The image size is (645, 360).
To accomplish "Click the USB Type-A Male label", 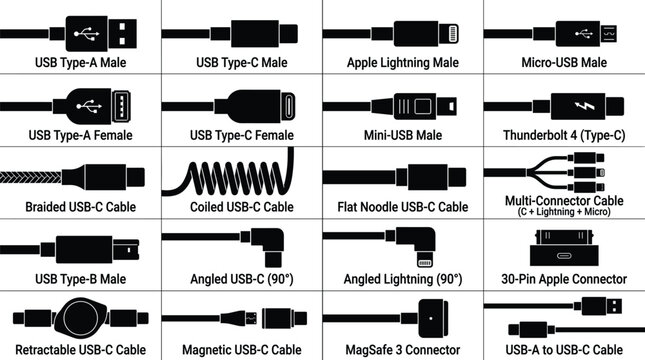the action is [80, 62].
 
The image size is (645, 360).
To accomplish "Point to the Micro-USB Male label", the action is [564, 62].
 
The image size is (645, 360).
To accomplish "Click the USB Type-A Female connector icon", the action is [95, 105].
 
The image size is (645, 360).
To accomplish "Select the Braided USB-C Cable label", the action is [80, 207].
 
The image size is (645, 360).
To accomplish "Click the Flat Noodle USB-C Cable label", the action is [402, 207].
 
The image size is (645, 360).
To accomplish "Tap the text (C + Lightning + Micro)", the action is [564, 213].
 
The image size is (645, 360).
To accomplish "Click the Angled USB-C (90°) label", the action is [241, 278].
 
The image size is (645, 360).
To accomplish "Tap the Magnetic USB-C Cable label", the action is [241, 350].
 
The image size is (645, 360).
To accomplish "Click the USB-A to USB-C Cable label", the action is [564, 350].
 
